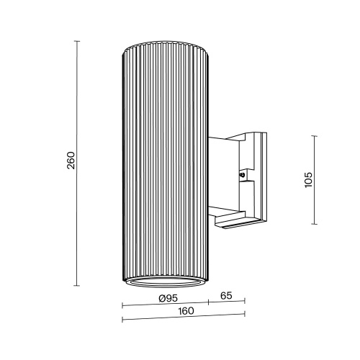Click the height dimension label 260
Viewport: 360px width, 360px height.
[x=71, y=163]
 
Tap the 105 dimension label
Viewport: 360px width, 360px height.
[x=308, y=179]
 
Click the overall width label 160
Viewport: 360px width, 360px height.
[x=185, y=311]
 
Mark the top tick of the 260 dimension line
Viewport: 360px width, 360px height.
[x=78, y=41]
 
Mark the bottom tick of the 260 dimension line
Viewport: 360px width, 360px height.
[x=78, y=285]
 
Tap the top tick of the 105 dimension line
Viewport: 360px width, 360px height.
[x=315, y=134]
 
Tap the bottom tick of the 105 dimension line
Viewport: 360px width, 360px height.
[x=315, y=224]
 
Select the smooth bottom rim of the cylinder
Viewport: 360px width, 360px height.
[x=167, y=279]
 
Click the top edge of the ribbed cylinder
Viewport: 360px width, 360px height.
[x=167, y=45]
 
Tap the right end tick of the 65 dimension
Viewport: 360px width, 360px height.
[x=245, y=302]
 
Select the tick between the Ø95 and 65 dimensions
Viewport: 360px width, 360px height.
[x=210, y=302]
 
